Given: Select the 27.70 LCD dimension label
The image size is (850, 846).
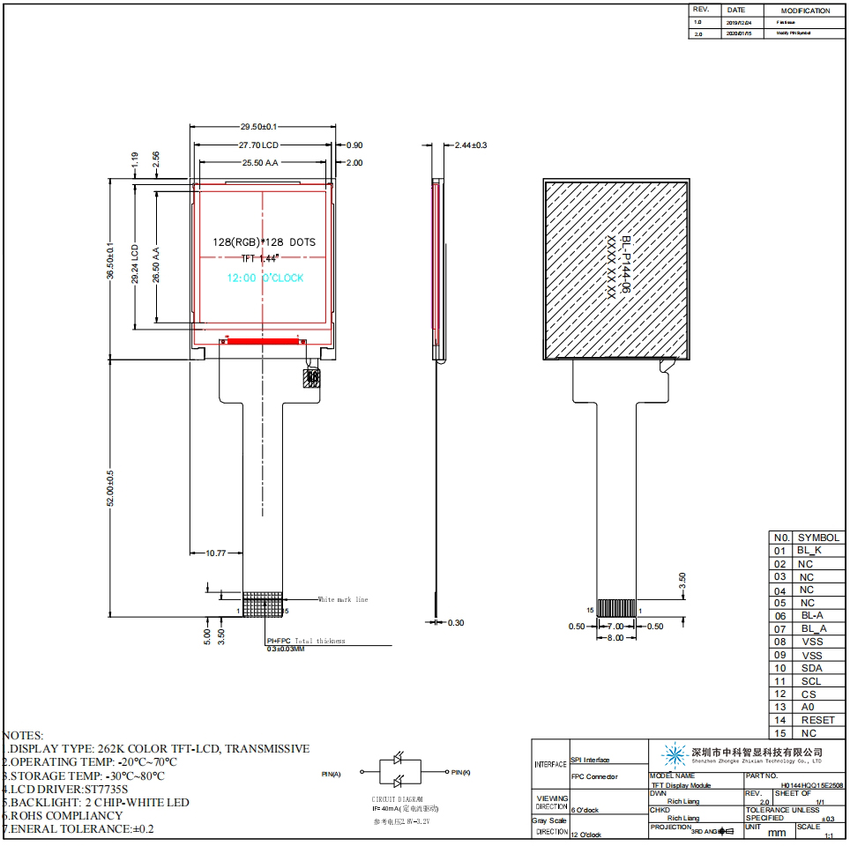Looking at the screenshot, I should (x=258, y=145).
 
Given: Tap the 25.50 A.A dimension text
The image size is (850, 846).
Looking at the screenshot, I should (x=260, y=163).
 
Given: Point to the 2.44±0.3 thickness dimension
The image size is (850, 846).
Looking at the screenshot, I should (x=471, y=145).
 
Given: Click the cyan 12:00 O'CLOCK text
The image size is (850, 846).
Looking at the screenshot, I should (x=265, y=278).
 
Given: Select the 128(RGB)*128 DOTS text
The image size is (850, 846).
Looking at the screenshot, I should (x=264, y=241).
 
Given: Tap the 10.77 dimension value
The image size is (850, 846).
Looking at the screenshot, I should (x=216, y=553).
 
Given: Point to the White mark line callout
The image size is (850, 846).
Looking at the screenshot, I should (x=343, y=599).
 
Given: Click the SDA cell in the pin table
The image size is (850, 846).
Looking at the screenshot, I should (x=811, y=668).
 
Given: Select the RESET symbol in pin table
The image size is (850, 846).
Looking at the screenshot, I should (x=817, y=720).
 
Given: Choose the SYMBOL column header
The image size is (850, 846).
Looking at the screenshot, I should (x=819, y=537).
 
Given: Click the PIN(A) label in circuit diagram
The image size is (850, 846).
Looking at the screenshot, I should (x=332, y=774).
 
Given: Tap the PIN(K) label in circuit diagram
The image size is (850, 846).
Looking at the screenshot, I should (x=460, y=772).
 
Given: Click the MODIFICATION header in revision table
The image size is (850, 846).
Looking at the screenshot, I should (x=805, y=11).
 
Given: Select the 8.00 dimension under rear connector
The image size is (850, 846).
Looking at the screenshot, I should (x=614, y=637).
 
